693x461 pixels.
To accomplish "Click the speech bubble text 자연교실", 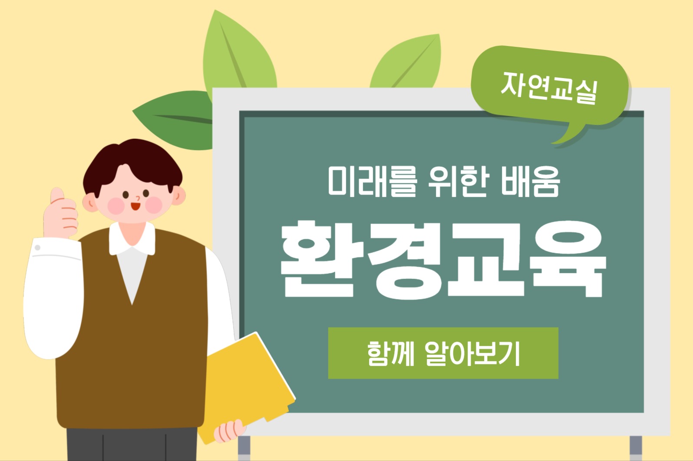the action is click(549, 88).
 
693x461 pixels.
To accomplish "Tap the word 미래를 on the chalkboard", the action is click(372, 181).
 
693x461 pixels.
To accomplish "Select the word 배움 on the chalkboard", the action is click(530, 181).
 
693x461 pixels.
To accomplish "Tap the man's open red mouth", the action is click(135, 206).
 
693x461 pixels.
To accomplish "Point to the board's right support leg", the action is click(635, 448).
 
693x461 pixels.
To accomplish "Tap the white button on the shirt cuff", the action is click(37, 248).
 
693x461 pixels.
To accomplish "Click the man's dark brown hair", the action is click(133, 164).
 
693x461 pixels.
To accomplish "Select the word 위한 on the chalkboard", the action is click(459, 181).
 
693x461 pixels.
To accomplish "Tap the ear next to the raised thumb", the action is click(90, 203).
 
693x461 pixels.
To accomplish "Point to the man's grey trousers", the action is click(132, 445).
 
